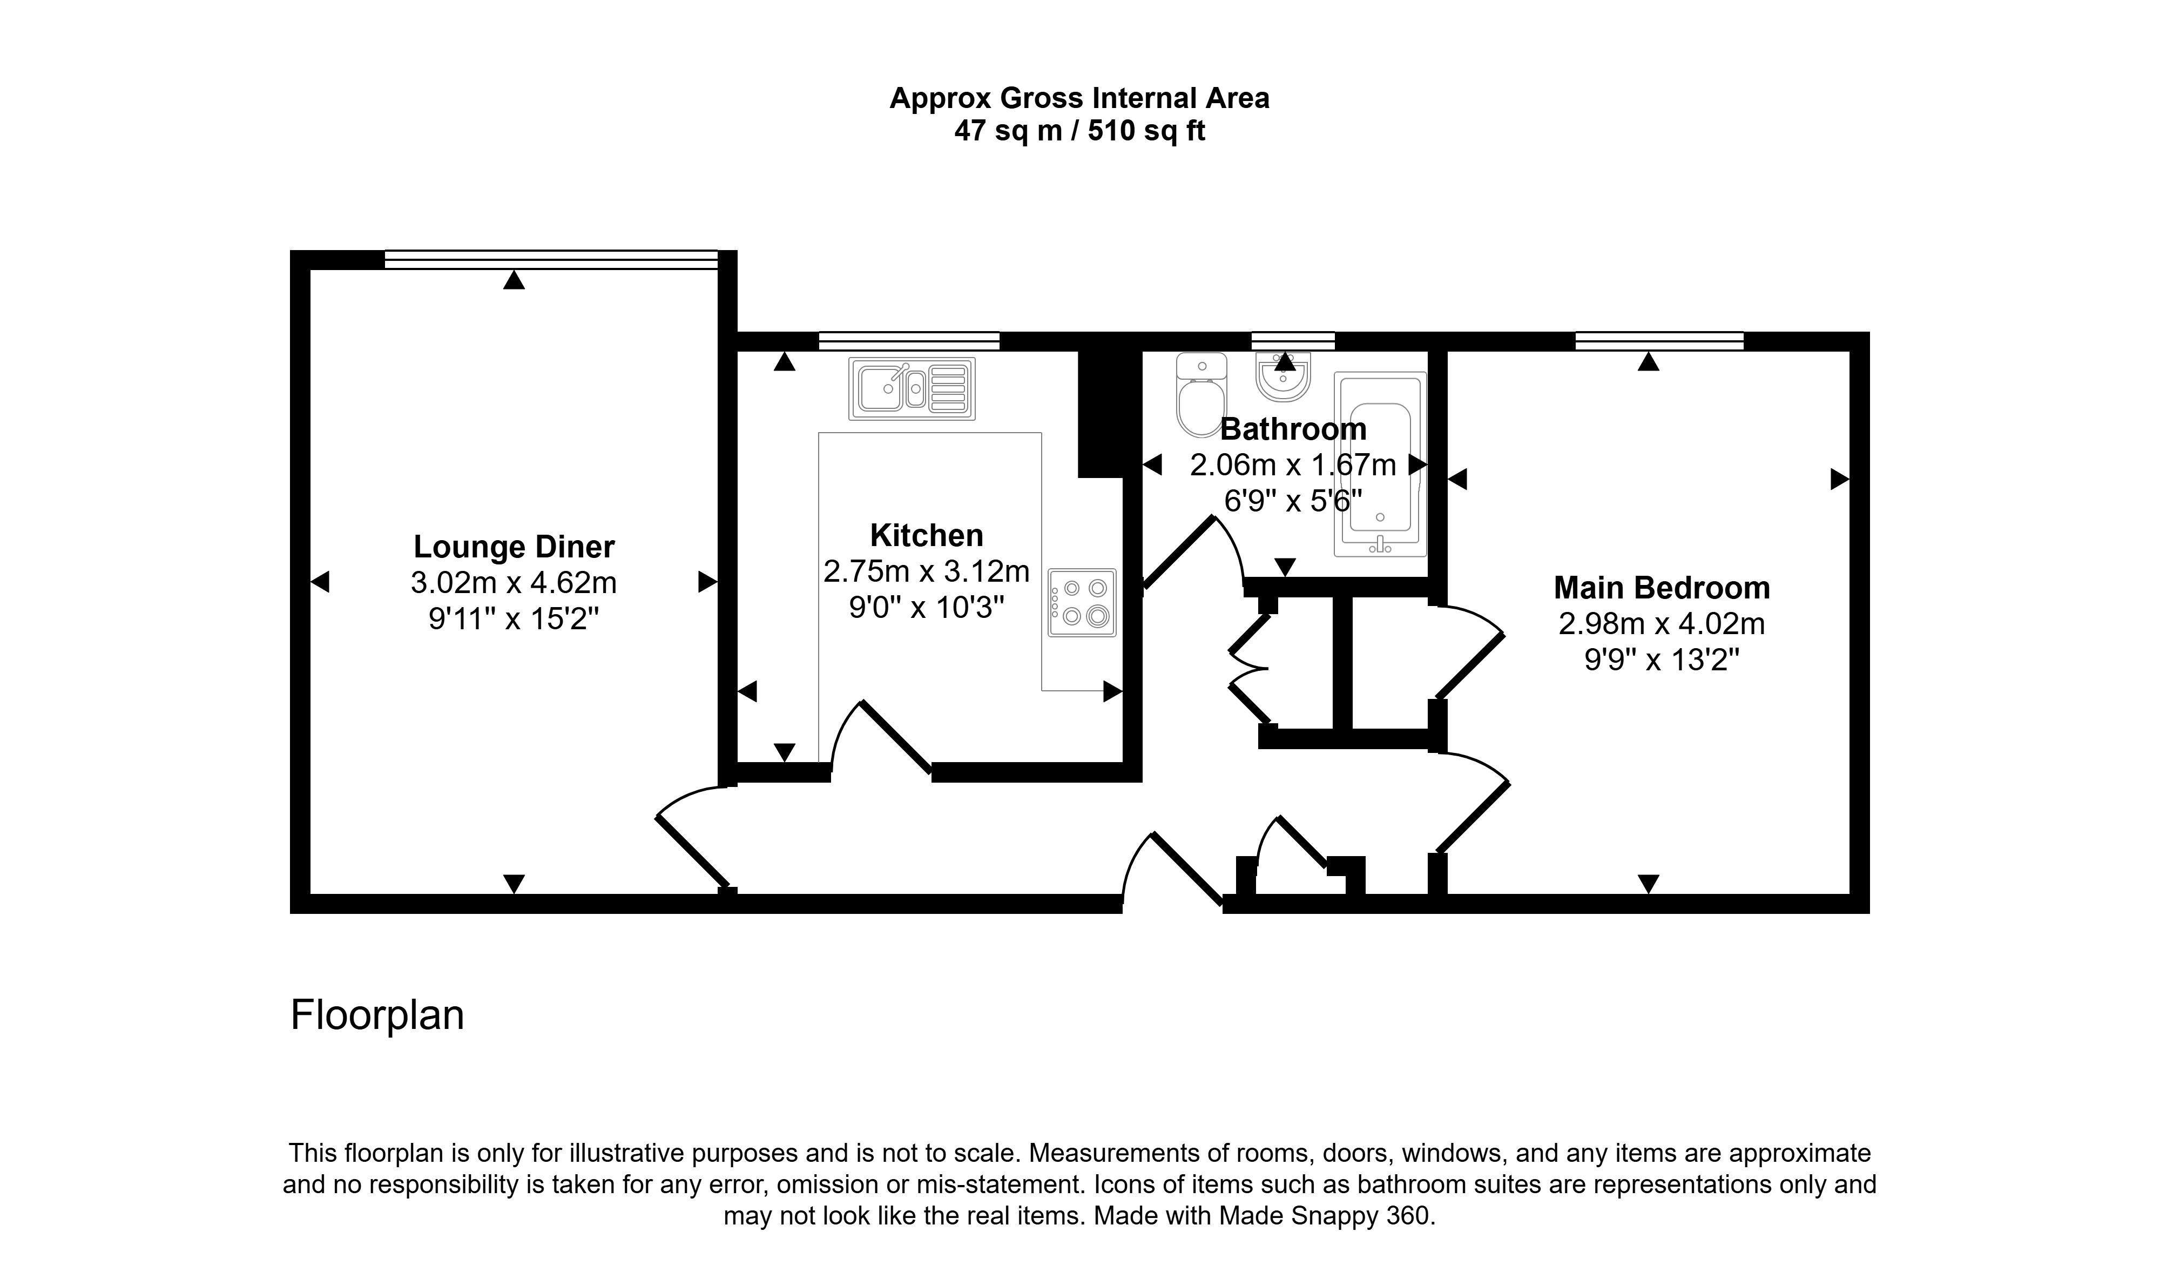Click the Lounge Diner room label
click(x=514, y=547)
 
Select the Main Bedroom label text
click(x=1661, y=588)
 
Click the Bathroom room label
click(x=1293, y=428)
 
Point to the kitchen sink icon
click(x=911, y=389)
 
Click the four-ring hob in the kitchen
click(x=1082, y=603)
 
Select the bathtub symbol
click(x=1380, y=463)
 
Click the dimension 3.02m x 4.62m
click(x=514, y=583)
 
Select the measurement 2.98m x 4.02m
click(x=1661, y=624)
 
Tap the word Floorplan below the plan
click(x=377, y=1015)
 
